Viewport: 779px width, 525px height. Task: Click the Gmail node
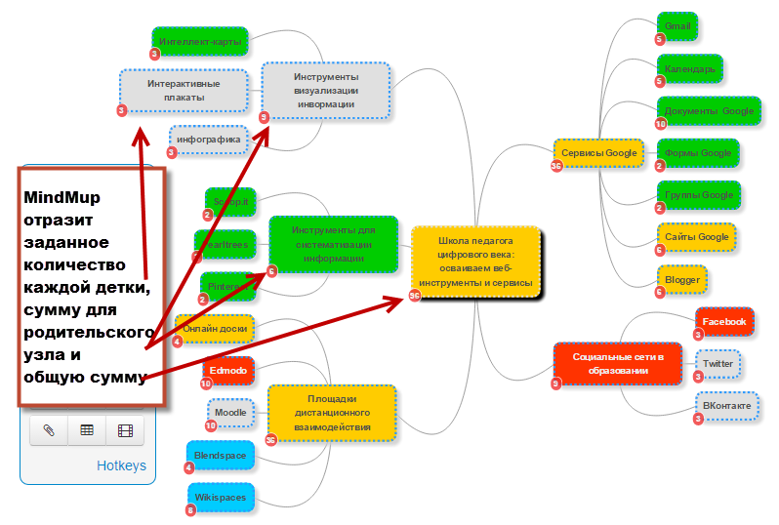point(677,26)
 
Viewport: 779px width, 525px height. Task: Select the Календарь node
point(689,69)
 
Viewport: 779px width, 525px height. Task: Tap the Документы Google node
point(709,111)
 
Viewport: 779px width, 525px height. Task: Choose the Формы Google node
point(697,153)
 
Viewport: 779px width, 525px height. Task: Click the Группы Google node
point(698,195)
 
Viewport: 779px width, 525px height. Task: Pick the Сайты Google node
point(697,237)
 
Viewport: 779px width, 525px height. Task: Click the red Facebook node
point(723,321)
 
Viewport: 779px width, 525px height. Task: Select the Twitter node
point(717,364)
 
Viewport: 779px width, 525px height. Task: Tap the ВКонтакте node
point(726,405)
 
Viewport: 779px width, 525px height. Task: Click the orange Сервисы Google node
point(599,153)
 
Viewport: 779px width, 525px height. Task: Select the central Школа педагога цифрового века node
point(475,261)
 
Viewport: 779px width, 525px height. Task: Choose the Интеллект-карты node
point(200,42)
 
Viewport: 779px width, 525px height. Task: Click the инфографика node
point(209,140)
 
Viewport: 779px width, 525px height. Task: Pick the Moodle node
point(230,413)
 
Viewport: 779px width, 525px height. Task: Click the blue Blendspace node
point(221,455)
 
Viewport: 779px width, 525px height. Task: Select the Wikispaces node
point(220,497)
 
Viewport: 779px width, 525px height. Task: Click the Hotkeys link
point(121,465)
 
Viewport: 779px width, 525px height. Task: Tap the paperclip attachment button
point(48,429)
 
